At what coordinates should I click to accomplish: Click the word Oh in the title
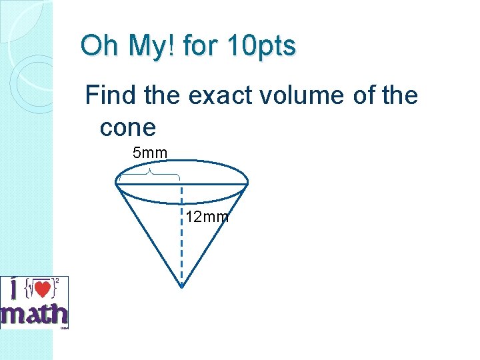[99, 47]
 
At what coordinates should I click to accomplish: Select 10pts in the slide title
[262, 47]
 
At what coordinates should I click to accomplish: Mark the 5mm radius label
[150, 153]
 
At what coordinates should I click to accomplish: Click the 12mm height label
[207, 217]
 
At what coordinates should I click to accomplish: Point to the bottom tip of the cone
[182, 287]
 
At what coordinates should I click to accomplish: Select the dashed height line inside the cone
[182, 240]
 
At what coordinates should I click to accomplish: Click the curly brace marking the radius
[149, 173]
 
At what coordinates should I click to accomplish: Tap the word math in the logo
[35, 315]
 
